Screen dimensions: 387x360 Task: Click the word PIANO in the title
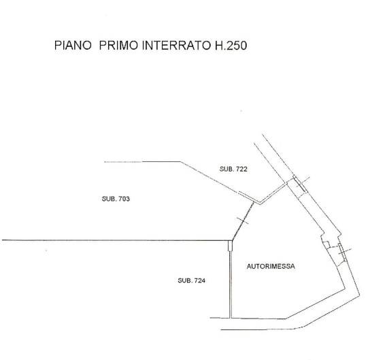[73, 46]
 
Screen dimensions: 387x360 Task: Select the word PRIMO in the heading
[118, 46]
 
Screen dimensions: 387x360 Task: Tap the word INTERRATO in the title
[177, 46]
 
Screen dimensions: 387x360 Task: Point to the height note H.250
[231, 46]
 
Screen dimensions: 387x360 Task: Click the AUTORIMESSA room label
[271, 266]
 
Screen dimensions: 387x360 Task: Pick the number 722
[241, 169]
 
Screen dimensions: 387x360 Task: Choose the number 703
[124, 199]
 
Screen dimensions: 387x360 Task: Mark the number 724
[200, 280]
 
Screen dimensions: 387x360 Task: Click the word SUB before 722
[226, 169]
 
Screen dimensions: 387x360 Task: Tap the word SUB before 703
[109, 199]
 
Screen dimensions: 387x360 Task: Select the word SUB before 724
[184, 280]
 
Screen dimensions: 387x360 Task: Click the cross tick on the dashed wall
[243, 220]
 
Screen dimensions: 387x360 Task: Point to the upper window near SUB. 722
[300, 184]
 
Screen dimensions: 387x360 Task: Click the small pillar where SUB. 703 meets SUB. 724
[231, 246]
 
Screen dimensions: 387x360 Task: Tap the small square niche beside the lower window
[326, 244]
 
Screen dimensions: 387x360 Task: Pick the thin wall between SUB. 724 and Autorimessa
[231, 284]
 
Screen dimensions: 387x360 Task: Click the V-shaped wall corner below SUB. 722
[260, 203]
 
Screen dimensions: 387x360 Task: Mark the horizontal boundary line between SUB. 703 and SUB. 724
[115, 240]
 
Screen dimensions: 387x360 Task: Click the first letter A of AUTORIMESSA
[249, 266]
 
